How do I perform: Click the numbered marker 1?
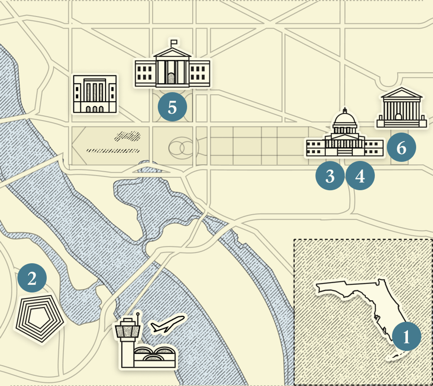(x=406, y=336)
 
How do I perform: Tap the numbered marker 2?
(x=32, y=279)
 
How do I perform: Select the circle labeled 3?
(x=330, y=176)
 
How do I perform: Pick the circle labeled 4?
(x=360, y=176)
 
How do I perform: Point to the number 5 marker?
(x=172, y=107)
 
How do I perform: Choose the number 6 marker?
(x=401, y=148)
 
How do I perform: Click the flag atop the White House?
(x=174, y=42)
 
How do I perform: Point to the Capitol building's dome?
(x=345, y=121)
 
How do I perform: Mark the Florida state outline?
(x=365, y=307)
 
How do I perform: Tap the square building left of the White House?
(x=95, y=94)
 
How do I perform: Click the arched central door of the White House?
(x=171, y=78)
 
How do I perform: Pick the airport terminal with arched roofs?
(x=155, y=357)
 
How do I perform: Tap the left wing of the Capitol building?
(x=315, y=148)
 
